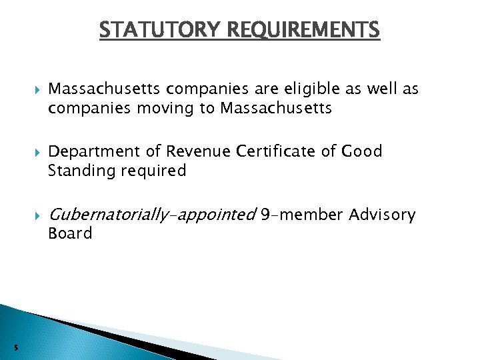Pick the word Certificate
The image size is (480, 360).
pos(283,152)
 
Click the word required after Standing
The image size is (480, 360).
pos(153,171)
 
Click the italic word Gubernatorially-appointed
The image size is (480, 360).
pos(152,215)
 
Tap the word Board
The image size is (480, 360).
pos(70,233)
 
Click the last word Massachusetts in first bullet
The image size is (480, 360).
pos(276,108)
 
